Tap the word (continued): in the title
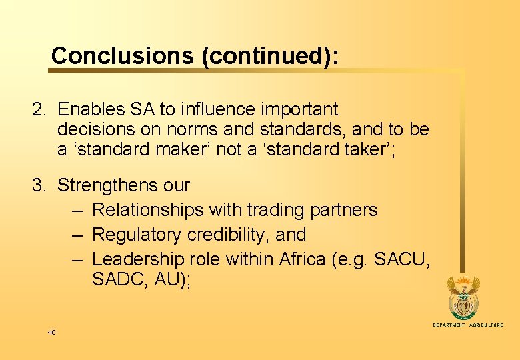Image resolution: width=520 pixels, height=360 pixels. (x=269, y=56)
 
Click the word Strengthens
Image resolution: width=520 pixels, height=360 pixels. (x=124, y=185)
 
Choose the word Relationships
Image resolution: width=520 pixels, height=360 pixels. (x=147, y=210)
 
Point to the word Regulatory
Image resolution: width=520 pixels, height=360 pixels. (x=131, y=235)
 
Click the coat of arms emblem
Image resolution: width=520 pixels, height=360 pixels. (x=462, y=297)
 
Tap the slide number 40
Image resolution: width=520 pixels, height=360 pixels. (x=51, y=332)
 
